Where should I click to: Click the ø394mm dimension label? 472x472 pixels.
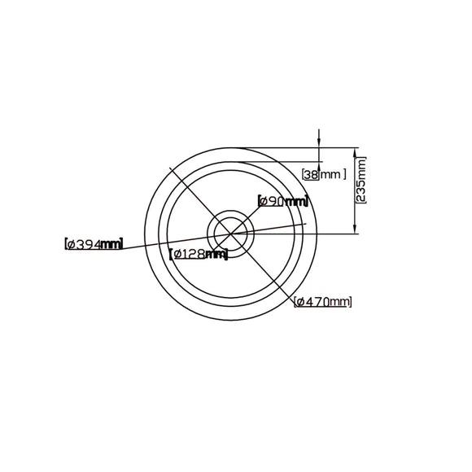(93, 243)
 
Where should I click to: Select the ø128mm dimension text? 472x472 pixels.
(199, 254)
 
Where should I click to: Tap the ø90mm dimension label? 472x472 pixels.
(282, 200)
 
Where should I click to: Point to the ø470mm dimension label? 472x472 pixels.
(323, 302)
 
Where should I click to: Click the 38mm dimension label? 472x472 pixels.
(324, 173)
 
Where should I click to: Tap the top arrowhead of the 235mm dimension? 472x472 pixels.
(356, 151)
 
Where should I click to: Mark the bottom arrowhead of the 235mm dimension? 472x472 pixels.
(356, 231)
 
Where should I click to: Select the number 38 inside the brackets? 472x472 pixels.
(310, 173)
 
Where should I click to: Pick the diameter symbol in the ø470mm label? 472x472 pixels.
(300, 302)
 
